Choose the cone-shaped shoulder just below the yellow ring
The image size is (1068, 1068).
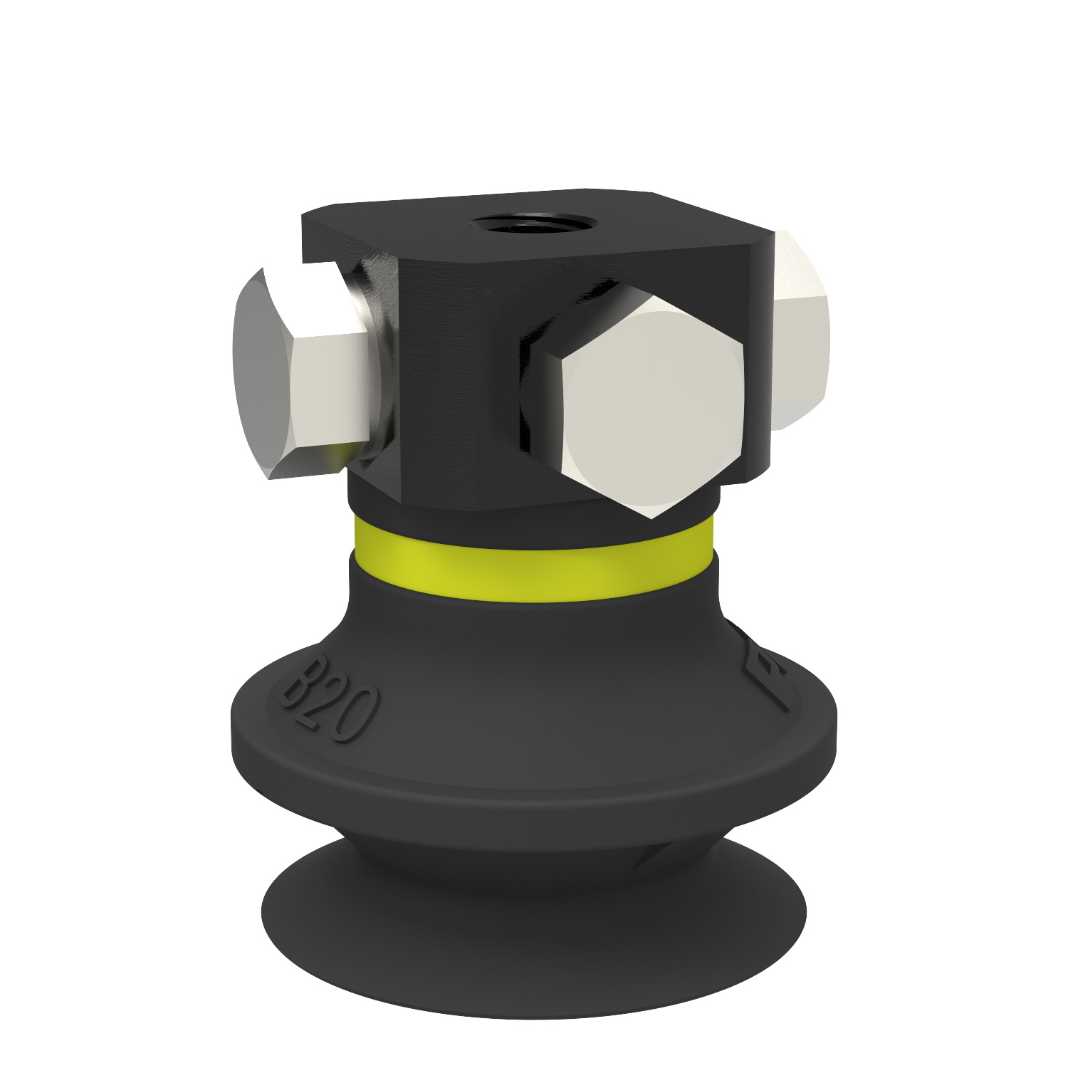point(534,641)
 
